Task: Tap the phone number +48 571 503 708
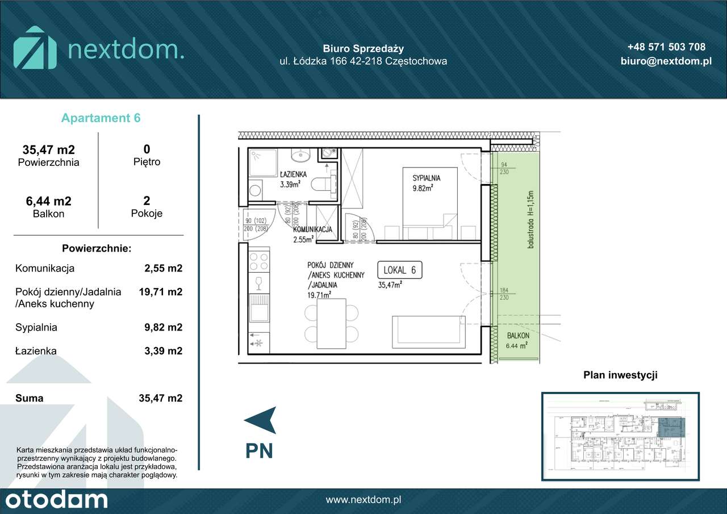[x=666, y=47]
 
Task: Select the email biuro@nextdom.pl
[x=666, y=61]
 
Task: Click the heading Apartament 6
[x=101, y=118]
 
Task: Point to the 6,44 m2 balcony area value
[x=48, y=201]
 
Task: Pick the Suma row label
[x=30, y=398]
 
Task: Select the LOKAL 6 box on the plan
[x=400, y=270]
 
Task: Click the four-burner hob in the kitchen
[x=259, y=262]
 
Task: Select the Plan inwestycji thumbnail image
[x=620, y=436]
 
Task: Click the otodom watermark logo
[x=54, y=500]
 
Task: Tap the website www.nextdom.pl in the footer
[x=363, y=500]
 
